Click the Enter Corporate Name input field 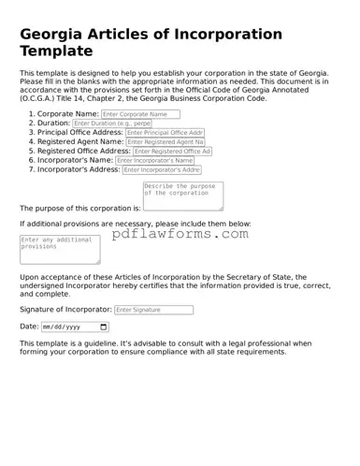click(x=147, y=114)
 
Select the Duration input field click(x=111, y=124)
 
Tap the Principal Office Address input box click(x=165, y=133)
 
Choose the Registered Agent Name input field click(x=165, y=142)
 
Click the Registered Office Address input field click(x=172, y=152)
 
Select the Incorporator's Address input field click(x=161, y=170)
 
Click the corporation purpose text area click(x=182, y=196)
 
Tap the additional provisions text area click(x=60, y=250)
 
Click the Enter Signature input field click(x=154, y=310)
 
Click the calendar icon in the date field click(x=103, y=328)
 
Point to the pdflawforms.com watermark click(x=180, y=234)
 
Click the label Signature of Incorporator click(x=65, y=310)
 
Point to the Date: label click(x=29, y=328)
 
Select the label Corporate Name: click(x=68, y=114)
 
